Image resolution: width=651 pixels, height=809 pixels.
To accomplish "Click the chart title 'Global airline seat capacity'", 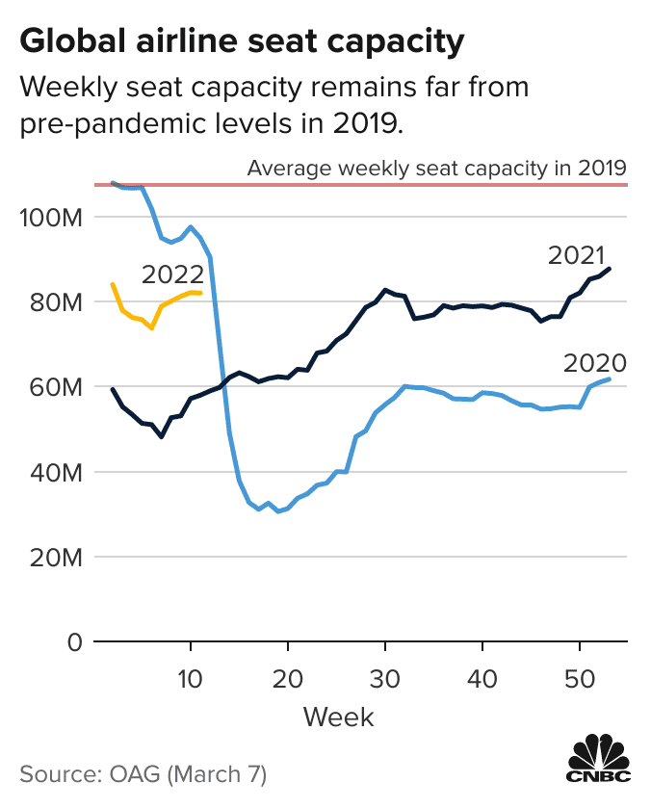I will click(242, 41).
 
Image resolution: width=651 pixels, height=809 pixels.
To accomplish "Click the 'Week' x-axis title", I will click(338, 717).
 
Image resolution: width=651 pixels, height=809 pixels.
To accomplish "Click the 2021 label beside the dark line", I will click(576, 255).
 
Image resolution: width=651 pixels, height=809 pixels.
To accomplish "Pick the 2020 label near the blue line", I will click(595, 364).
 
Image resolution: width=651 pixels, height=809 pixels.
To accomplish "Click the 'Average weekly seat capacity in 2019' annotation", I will click(437, 168).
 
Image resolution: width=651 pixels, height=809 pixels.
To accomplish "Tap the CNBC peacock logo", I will click(598, 759).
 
